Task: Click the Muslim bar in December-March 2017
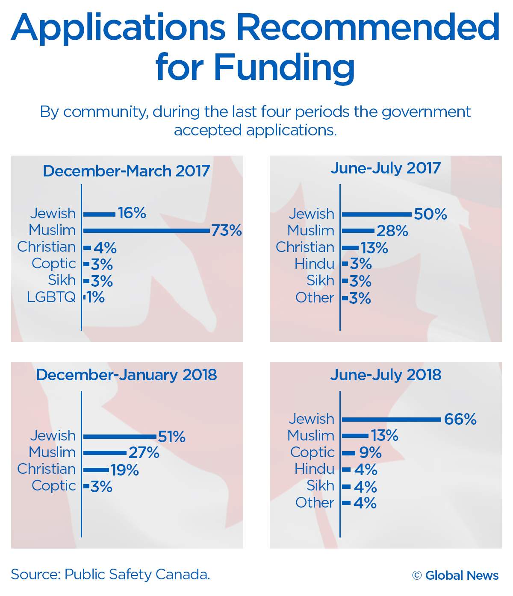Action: (147, 231)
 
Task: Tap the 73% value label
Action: (227, 231)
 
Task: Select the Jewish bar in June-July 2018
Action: (392, 420)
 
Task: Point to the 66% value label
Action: (460, 419)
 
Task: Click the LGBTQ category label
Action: (51, 297)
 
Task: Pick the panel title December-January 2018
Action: (127, 375)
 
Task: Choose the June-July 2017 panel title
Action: (386, 168)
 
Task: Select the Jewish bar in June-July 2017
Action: (377, 214)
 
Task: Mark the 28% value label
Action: (392, 231)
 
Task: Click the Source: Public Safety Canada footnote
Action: (110, 574)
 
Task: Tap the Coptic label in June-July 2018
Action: (313, 452)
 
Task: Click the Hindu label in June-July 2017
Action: (314, 264)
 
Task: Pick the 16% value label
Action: (132, 213)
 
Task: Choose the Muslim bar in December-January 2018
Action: (105, 453)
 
